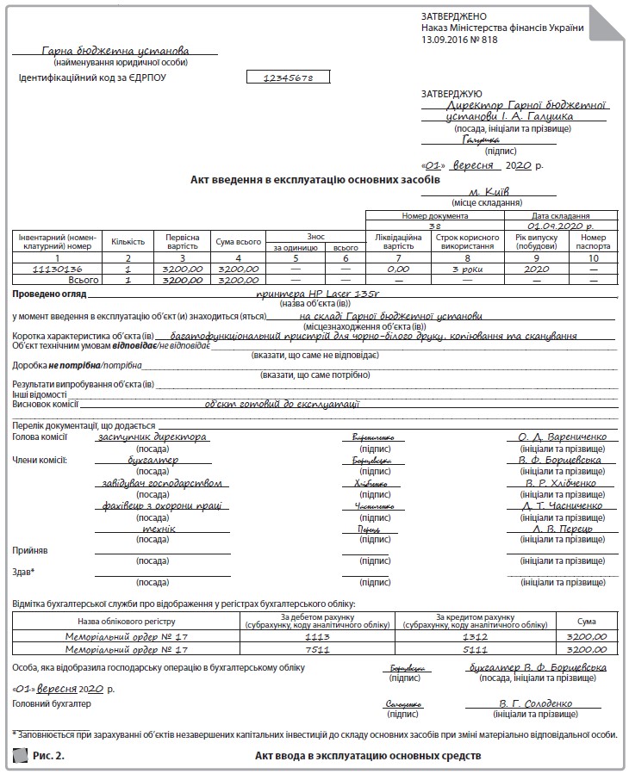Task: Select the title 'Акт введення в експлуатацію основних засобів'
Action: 315,179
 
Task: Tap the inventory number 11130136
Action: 57,269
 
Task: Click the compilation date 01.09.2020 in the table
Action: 561,225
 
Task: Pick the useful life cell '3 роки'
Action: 468,269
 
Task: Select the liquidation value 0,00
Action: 398,269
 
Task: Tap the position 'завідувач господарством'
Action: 161,483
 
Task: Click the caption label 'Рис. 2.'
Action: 48,756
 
